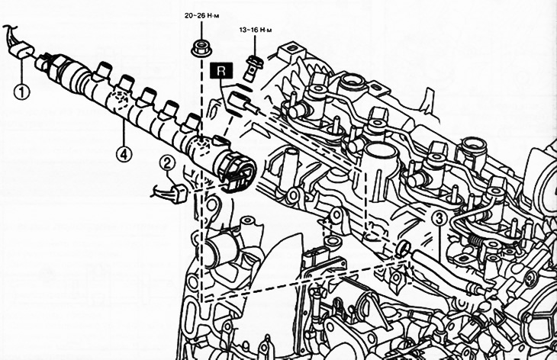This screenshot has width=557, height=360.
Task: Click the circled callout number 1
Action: [21, 92]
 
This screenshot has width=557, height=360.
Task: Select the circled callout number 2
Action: [167, 164]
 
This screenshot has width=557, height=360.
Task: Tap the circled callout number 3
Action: [439, 218]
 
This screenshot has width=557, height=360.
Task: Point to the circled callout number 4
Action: [124, 154]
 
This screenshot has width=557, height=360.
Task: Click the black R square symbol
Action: [221, 70]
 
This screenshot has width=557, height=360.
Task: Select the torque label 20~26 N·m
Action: [201, 15]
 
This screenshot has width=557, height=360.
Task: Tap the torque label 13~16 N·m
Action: [256, 31]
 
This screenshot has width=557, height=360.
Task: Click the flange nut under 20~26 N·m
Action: [201, 48]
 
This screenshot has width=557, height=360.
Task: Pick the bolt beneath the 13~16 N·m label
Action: [253, 67]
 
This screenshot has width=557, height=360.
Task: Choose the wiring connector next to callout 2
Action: [177, 193]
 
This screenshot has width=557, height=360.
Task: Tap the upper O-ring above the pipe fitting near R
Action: [243, 87]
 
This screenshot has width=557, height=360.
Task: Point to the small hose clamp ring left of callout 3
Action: [403, 249]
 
